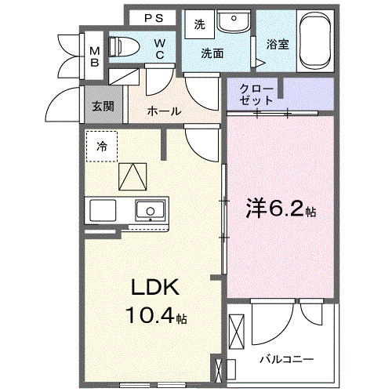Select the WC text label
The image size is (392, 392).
[159, 48]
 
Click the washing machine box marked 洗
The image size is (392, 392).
[199, 24]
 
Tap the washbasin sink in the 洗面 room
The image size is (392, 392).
[233, 22]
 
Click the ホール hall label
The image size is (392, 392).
[164, 111]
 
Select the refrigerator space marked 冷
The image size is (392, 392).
[102, 146]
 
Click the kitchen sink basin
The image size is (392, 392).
[149, 210]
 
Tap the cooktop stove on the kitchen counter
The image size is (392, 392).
[102, 211]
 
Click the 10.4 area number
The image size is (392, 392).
[149, 317]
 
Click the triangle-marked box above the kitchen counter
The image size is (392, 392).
[132, 175]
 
